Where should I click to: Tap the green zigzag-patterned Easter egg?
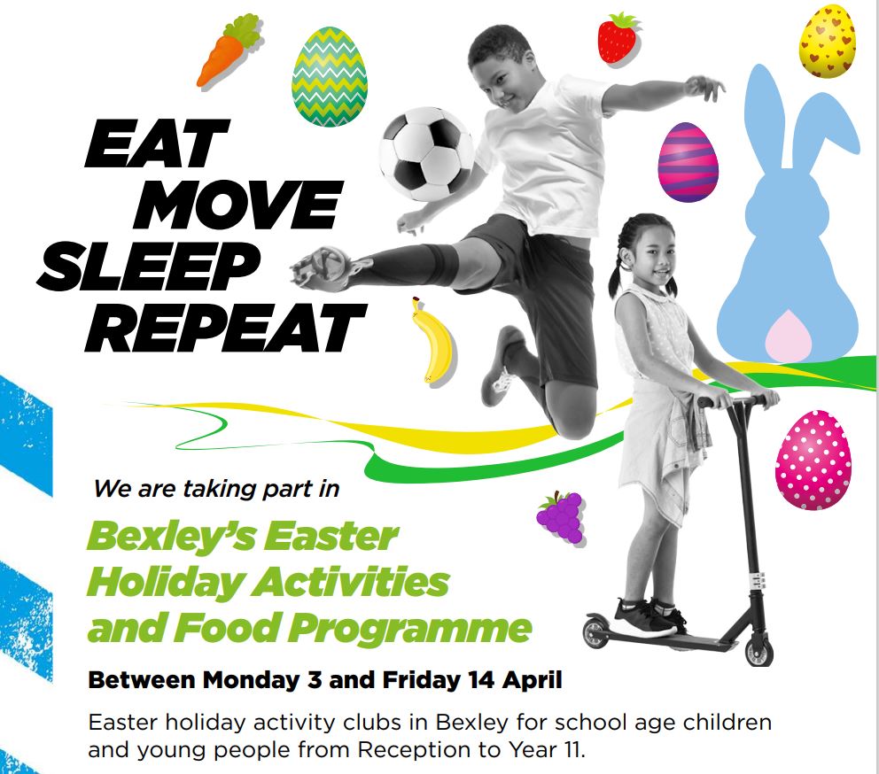tap(329, 77)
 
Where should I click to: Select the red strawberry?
tap(618, 38)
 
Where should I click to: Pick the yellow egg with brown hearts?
tap(827, 41)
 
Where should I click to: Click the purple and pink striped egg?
tap(688, 162)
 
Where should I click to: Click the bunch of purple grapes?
tap(560, 517)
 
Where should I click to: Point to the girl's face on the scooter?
tap(652, 251)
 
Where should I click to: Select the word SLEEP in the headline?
tap(150, 267)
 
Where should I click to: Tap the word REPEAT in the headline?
tap(229, 328)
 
